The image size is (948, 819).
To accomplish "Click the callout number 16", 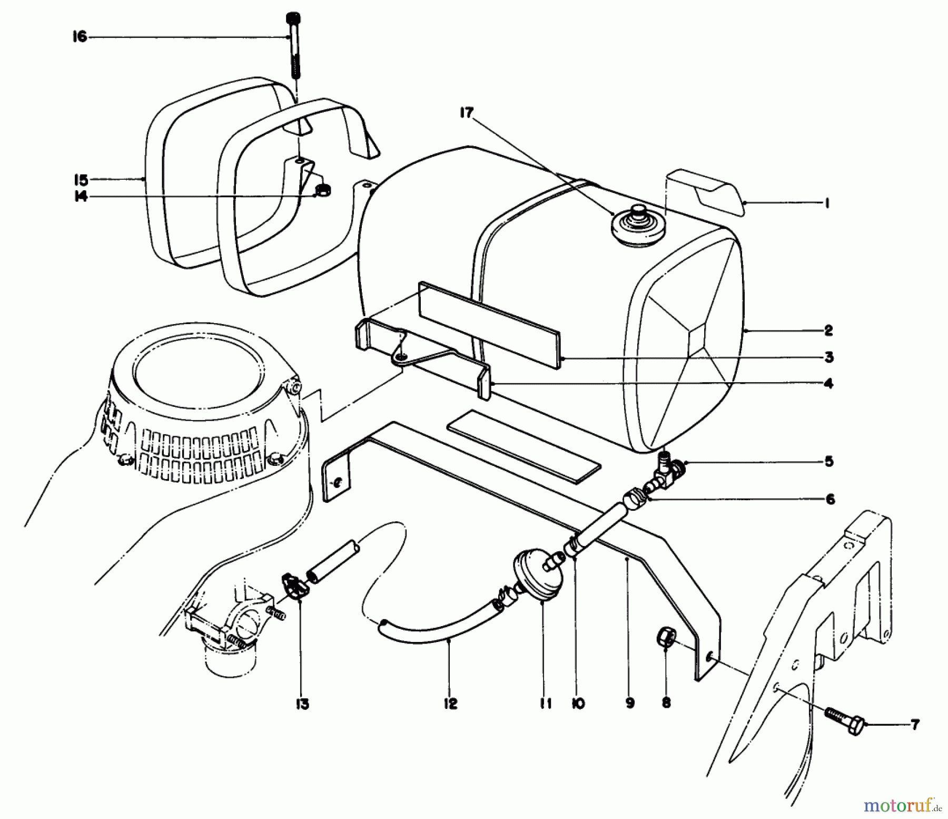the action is click(x=80, y=37).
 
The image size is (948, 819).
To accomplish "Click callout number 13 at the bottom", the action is click(x=302, y=705).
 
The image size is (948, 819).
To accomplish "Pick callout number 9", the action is click(x=630, y=703).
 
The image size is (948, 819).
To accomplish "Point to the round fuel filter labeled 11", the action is click(x=537, y=577).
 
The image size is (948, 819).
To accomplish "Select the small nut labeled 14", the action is click(x=323, y=190).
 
